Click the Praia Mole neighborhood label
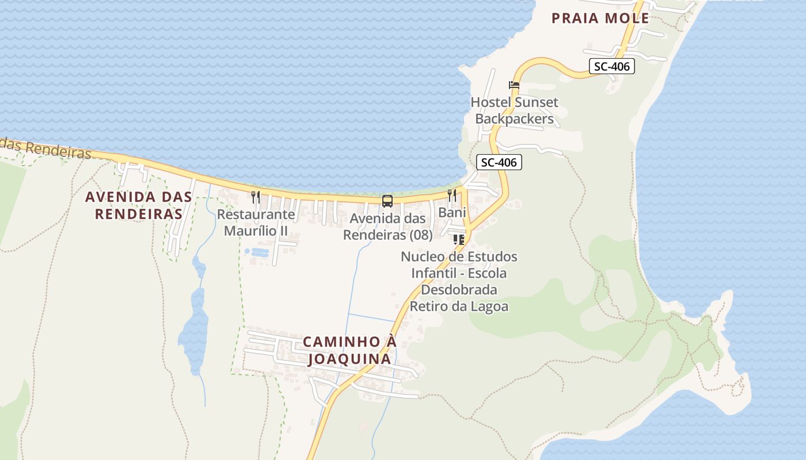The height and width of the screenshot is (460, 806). (600, 18)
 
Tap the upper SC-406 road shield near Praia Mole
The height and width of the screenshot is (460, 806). (611, 66)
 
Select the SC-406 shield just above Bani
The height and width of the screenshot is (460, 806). (499, 162)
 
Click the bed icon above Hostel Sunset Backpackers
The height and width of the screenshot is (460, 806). (514, 85)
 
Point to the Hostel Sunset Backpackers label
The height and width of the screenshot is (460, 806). (514, 110)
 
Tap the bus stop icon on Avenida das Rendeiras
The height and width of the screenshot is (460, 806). (387, 201)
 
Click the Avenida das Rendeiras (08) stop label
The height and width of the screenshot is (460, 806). (387, 227)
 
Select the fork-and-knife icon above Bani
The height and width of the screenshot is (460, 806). (452, 195)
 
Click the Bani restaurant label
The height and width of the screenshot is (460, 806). (452, 212)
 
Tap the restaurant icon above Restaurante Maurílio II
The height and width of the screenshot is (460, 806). (256, 197)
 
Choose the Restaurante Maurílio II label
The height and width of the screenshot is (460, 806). (256, 223)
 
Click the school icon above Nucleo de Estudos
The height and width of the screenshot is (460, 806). (459, 239)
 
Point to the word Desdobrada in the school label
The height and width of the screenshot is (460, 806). (459, 289)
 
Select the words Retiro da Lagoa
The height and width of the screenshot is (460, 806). (459, 306)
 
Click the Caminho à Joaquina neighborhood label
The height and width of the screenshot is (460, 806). (349, 350)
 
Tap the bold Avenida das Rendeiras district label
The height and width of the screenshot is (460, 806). (138, 205)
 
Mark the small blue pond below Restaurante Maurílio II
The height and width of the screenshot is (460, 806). (257, 252)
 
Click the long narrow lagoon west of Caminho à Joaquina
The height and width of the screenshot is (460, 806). (193, 333)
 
